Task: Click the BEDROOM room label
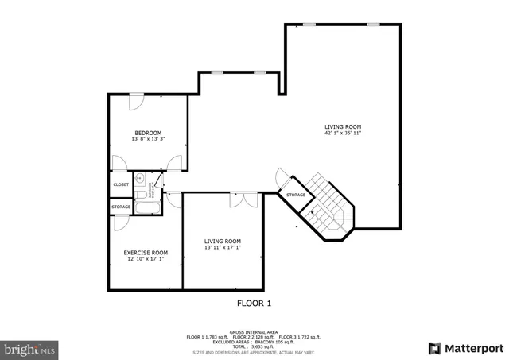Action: point(148,133)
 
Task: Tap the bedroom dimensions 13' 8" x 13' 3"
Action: point(148,140)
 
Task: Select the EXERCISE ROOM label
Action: point(146,252)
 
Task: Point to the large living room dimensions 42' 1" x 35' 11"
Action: point(343,133)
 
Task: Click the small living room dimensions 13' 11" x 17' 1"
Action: point(222,247)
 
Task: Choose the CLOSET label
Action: point(121,184)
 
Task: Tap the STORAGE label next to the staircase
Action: point(296,195)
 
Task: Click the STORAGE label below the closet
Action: point(121,207)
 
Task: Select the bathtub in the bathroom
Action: point(148,209)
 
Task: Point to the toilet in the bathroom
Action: point(140,193)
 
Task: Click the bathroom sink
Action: point(139,178)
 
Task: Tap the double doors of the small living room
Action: point(243,199)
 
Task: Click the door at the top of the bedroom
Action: point(136,102)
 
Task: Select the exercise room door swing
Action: point(120,222)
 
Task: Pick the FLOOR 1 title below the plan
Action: point(254,303)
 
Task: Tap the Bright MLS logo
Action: point(29,348)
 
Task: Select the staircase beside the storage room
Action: point(324,203)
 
